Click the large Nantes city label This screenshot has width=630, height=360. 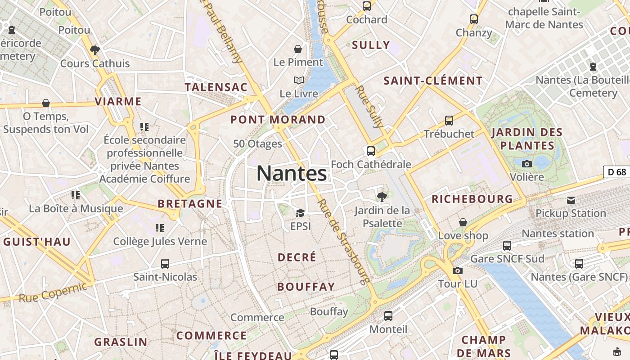click(292, 174)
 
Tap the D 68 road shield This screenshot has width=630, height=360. click(616, 172)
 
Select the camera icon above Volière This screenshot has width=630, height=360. click(527, 164)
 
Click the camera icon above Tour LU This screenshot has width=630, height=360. click(458, 270)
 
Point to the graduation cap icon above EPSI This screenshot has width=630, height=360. click(300, 212)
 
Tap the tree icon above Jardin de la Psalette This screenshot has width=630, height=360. click(382, 196)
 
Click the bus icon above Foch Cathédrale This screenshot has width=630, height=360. click(371, 151)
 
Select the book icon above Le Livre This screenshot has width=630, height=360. click(299, 81)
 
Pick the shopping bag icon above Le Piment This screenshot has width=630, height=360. click(298, 49)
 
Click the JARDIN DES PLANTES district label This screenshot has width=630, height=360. click(527, 139)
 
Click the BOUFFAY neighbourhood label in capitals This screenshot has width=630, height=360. click(306, 287)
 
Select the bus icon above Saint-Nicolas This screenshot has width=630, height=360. click(165, 263)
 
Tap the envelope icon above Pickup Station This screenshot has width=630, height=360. click(571, 200)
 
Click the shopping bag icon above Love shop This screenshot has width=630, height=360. click(463, 222)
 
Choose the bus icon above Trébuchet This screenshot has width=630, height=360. click(449, 120)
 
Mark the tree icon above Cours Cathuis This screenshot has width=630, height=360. click(95, 50)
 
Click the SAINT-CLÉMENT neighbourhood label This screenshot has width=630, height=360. click(433, 81)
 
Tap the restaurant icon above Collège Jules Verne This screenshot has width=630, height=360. click(160, 228)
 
